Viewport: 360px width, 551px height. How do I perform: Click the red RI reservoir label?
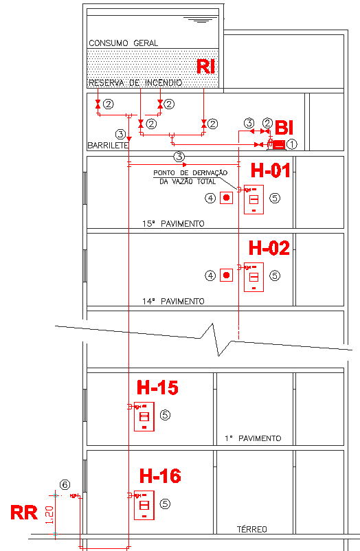coord(205,66)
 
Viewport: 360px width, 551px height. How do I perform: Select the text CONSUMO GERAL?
coord(124,43)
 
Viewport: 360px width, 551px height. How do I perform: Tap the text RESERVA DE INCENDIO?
coord(135,83)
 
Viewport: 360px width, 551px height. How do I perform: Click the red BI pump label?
coord(284,128)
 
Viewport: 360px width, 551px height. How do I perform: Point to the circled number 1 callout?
coord(292,144)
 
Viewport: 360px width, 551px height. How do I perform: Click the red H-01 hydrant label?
coord(271,170)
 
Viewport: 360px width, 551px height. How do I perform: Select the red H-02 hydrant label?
coord(269,248)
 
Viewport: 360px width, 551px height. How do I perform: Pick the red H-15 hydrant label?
coord(157,387)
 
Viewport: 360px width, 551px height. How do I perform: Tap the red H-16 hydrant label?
coord(160,476)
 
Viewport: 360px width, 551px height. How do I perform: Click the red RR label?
coord(24,513)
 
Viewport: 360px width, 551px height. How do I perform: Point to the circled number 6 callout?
coord(65,485)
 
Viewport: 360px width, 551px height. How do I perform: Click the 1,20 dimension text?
coord(50,515)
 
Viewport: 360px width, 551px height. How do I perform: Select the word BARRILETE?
coord(108,146)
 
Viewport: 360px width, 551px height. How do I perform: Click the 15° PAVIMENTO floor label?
coord(173,224)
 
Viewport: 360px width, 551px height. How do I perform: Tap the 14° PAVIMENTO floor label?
coord(173,302)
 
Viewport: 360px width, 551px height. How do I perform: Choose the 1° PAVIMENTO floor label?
coord(253,438)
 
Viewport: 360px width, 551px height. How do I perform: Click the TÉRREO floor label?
coord(252,529)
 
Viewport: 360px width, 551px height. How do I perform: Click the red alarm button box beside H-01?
coord(227,198)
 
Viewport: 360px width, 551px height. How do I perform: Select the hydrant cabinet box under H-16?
coord(144,505)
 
